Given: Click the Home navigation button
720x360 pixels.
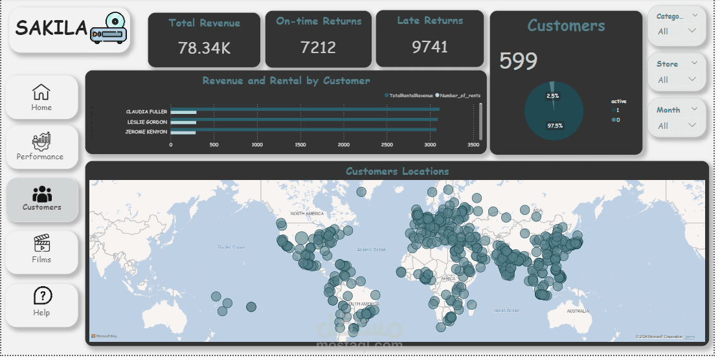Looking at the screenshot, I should pos(41,97).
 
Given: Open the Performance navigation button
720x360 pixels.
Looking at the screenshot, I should pos(40,146).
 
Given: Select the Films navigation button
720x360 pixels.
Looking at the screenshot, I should pos(41,251).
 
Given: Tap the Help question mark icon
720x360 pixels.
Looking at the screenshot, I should pos(42,296).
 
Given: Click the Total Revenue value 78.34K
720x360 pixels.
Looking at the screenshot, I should pos(204,48).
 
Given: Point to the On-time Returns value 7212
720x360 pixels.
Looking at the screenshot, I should pos(319,47).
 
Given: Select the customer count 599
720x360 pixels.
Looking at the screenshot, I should pos(518,62).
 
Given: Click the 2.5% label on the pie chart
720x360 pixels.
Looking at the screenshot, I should pos(552,96).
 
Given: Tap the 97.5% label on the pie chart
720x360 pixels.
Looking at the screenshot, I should pos(554,126).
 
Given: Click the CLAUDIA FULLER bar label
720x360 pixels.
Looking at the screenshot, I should pos(146,111).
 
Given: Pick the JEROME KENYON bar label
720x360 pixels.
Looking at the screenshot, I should pos(146,132).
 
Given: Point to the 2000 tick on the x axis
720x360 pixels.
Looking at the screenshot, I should pos(343,145).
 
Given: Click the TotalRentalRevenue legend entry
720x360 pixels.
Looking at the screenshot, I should pos(409,95).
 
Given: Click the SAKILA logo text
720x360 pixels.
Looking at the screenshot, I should pos(51,28).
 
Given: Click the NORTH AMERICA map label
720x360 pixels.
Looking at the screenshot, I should pos(307,214).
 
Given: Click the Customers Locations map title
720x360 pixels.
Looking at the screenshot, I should pos(397,172).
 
